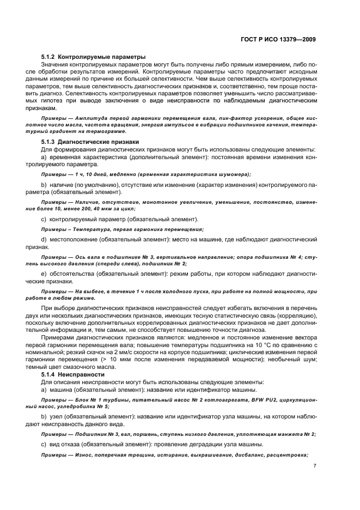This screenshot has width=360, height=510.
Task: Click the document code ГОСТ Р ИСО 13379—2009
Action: pos(279,39)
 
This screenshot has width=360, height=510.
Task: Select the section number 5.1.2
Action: pos(49,57)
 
